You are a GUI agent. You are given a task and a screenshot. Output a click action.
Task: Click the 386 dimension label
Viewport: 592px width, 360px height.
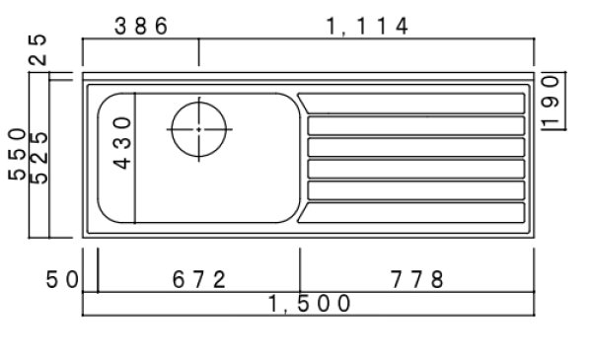point(141,27)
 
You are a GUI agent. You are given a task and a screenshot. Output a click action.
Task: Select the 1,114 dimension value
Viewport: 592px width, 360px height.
point(367,27)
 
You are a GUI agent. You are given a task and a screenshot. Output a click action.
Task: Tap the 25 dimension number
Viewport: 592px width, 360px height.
point(38,50)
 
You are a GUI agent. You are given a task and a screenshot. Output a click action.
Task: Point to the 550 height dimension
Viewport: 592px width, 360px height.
point(18,154)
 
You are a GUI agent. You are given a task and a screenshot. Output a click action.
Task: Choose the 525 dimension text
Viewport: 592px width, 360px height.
point(38,158)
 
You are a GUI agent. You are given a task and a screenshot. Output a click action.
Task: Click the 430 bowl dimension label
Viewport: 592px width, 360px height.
point(122,143)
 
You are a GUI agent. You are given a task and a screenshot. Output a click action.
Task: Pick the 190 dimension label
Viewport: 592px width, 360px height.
point(550,102)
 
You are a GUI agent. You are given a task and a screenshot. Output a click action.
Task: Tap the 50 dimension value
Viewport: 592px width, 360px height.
point(62,280)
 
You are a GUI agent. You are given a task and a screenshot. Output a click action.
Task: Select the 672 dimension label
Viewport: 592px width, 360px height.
point(199,280)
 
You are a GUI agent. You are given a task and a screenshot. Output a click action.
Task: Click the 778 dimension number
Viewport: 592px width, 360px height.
point(416,280)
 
